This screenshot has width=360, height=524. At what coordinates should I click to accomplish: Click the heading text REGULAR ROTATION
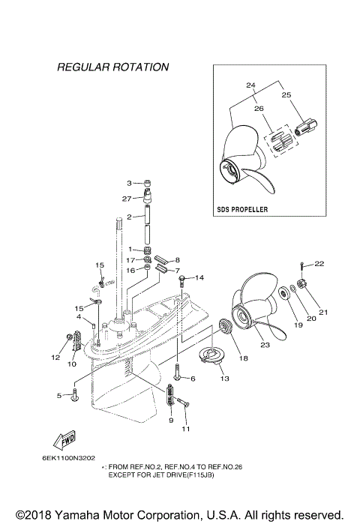(113, 67)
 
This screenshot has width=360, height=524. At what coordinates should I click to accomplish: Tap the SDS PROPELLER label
(241, 209)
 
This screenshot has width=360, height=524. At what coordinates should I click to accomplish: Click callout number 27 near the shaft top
(126, 199)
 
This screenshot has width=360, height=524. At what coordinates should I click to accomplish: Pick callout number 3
(129, 183)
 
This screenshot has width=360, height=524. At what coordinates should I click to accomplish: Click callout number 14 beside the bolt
(199, 278)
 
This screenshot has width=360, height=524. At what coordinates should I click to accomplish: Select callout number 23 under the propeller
(263, 346)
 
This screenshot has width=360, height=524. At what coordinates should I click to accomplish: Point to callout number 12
(55, 358)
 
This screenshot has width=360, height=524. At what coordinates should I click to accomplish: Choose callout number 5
(58, 395)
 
